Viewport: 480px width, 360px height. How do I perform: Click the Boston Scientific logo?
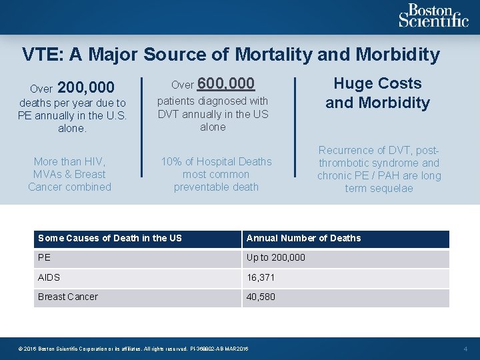tap(433, 15)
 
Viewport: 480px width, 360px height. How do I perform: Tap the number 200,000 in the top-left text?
tap(86, 87)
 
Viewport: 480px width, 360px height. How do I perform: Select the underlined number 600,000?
tap(226, 83)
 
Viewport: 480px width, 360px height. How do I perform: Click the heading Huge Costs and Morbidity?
tap(377, 93)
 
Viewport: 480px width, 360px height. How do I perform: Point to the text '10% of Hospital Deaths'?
tap(216, 161)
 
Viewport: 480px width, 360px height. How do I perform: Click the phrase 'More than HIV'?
tap(69, 161)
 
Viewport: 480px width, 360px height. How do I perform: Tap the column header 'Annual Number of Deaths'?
tap(303, 238)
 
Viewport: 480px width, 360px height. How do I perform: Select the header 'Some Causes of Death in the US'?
tap(110, 238)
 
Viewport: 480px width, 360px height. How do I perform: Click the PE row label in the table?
tap(44, 257)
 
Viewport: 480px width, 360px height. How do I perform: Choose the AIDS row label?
tap(49, 277)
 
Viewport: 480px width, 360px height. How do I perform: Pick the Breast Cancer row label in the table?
tap(68, 297)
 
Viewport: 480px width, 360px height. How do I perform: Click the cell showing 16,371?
tap(261, 277)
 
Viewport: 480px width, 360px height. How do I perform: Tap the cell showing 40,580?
tap(261, 297)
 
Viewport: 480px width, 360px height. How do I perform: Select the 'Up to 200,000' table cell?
tap(275, 257)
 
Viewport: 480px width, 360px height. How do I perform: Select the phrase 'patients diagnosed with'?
tap(213, 101)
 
